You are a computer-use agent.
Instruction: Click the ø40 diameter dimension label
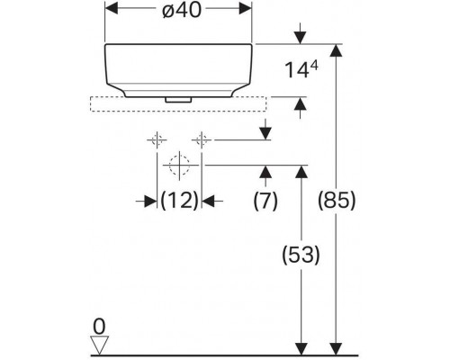pyautogui.click(x=181, y=11)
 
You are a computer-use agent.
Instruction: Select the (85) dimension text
pyautogui.click(x=337, y=200)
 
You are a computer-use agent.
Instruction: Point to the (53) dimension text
pyautogui.click(x=301, y=255)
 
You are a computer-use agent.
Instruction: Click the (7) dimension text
pyautogui.click(x=265, y=200)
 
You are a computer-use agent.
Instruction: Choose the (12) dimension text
pyautogui.click(x=179, y=200)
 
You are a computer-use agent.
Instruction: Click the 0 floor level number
pyautogui.click(x=99, y=327)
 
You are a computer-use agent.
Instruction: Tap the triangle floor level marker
pyautogui.click(x=99, y=345)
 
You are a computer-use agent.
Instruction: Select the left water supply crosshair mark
pyautogui.click(x=157, y=140)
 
